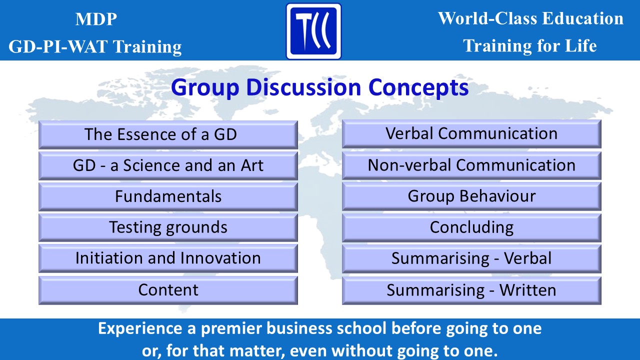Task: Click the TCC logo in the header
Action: [x=313, y=31]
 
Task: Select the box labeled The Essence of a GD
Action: [x=168, y=134]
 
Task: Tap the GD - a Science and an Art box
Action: [x=168, y=165]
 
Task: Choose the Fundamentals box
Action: [x=168, y=196]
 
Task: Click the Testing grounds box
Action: [x=168, y=227]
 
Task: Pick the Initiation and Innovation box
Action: [x=168, y=258]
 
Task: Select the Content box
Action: [x=168, y=290]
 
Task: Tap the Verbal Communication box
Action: [x=471, y=134]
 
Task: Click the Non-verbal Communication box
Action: [x=471, y=165]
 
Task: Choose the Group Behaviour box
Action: [x=471, y=196]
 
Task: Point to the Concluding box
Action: [x=471, y=227]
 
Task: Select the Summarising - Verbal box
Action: [x=471, y=258]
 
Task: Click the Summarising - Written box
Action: [x=471, y=290]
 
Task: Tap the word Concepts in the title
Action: [x=418, y=88]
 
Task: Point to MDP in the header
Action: [x=96, y=19]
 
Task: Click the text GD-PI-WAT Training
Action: [x=95, y=46]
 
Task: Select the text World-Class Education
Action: [x=530, y=18]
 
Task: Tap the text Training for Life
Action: [x=529, y=46]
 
